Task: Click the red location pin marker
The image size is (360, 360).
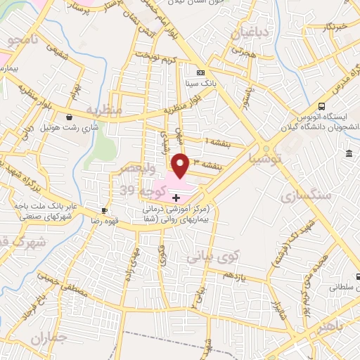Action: coord(181,165)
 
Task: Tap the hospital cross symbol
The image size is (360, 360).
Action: coord(176,199)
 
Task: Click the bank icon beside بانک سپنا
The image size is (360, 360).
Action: coord(201,72)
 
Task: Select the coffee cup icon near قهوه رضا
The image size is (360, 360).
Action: coord(104,210)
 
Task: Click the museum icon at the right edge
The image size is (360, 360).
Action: coord(349,154)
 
